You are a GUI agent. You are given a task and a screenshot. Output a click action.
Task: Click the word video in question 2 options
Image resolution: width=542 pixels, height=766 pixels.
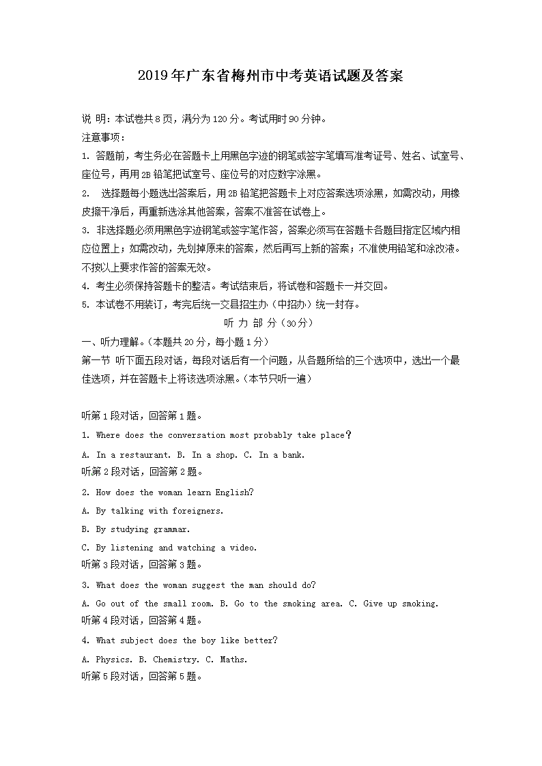click(243, 548)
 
